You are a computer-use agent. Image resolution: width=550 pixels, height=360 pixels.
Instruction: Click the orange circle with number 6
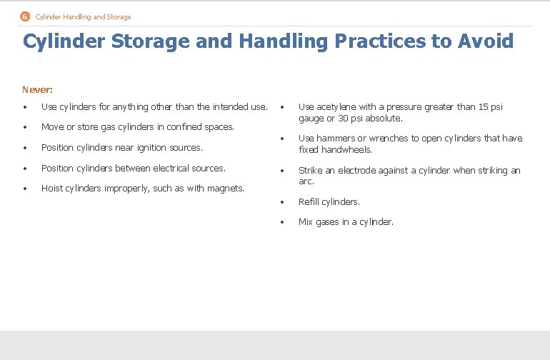(25, 16)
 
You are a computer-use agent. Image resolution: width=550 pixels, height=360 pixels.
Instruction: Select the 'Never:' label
(37, 90)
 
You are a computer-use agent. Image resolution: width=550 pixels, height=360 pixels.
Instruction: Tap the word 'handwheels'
(344, 150)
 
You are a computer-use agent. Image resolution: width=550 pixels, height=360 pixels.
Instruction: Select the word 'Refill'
(309, 202)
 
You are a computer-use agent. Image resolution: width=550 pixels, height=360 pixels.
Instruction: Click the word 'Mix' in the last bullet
(306, 222)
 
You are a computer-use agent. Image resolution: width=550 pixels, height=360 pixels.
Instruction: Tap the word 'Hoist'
(52, 189)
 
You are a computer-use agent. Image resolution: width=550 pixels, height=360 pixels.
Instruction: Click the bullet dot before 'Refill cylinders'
(282, 202)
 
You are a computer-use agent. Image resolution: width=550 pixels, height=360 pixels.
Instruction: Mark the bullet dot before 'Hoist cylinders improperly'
(25, 189)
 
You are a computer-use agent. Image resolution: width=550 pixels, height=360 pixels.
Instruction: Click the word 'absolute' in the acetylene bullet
(385, 119)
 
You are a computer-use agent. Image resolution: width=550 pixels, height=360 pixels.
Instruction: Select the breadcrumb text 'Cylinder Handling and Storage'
(83, 16)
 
